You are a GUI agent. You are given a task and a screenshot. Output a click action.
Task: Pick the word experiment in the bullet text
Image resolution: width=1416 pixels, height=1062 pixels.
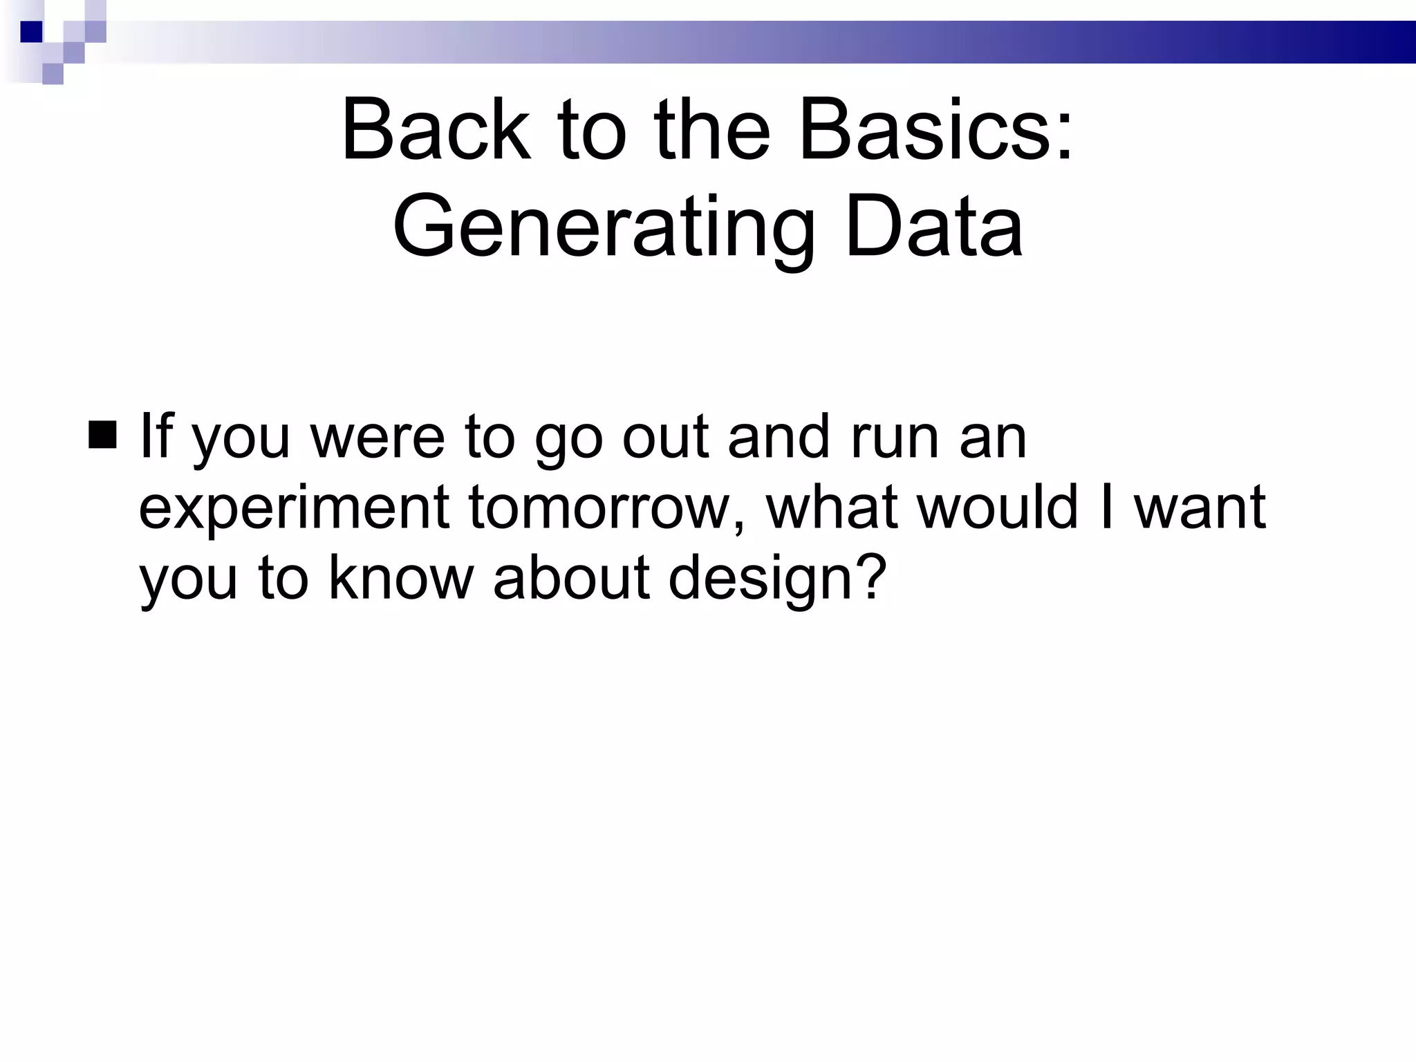coord(295,509)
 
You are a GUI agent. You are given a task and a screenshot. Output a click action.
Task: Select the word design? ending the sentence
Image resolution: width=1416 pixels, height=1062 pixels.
coord(777,579)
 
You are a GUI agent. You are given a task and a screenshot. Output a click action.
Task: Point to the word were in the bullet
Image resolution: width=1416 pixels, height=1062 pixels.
coord(378,437)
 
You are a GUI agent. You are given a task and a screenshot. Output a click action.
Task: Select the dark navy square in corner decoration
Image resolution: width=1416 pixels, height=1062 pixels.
coord(32,32)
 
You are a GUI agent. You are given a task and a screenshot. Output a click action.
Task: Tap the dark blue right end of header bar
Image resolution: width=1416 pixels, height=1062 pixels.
coord(1376,42)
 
